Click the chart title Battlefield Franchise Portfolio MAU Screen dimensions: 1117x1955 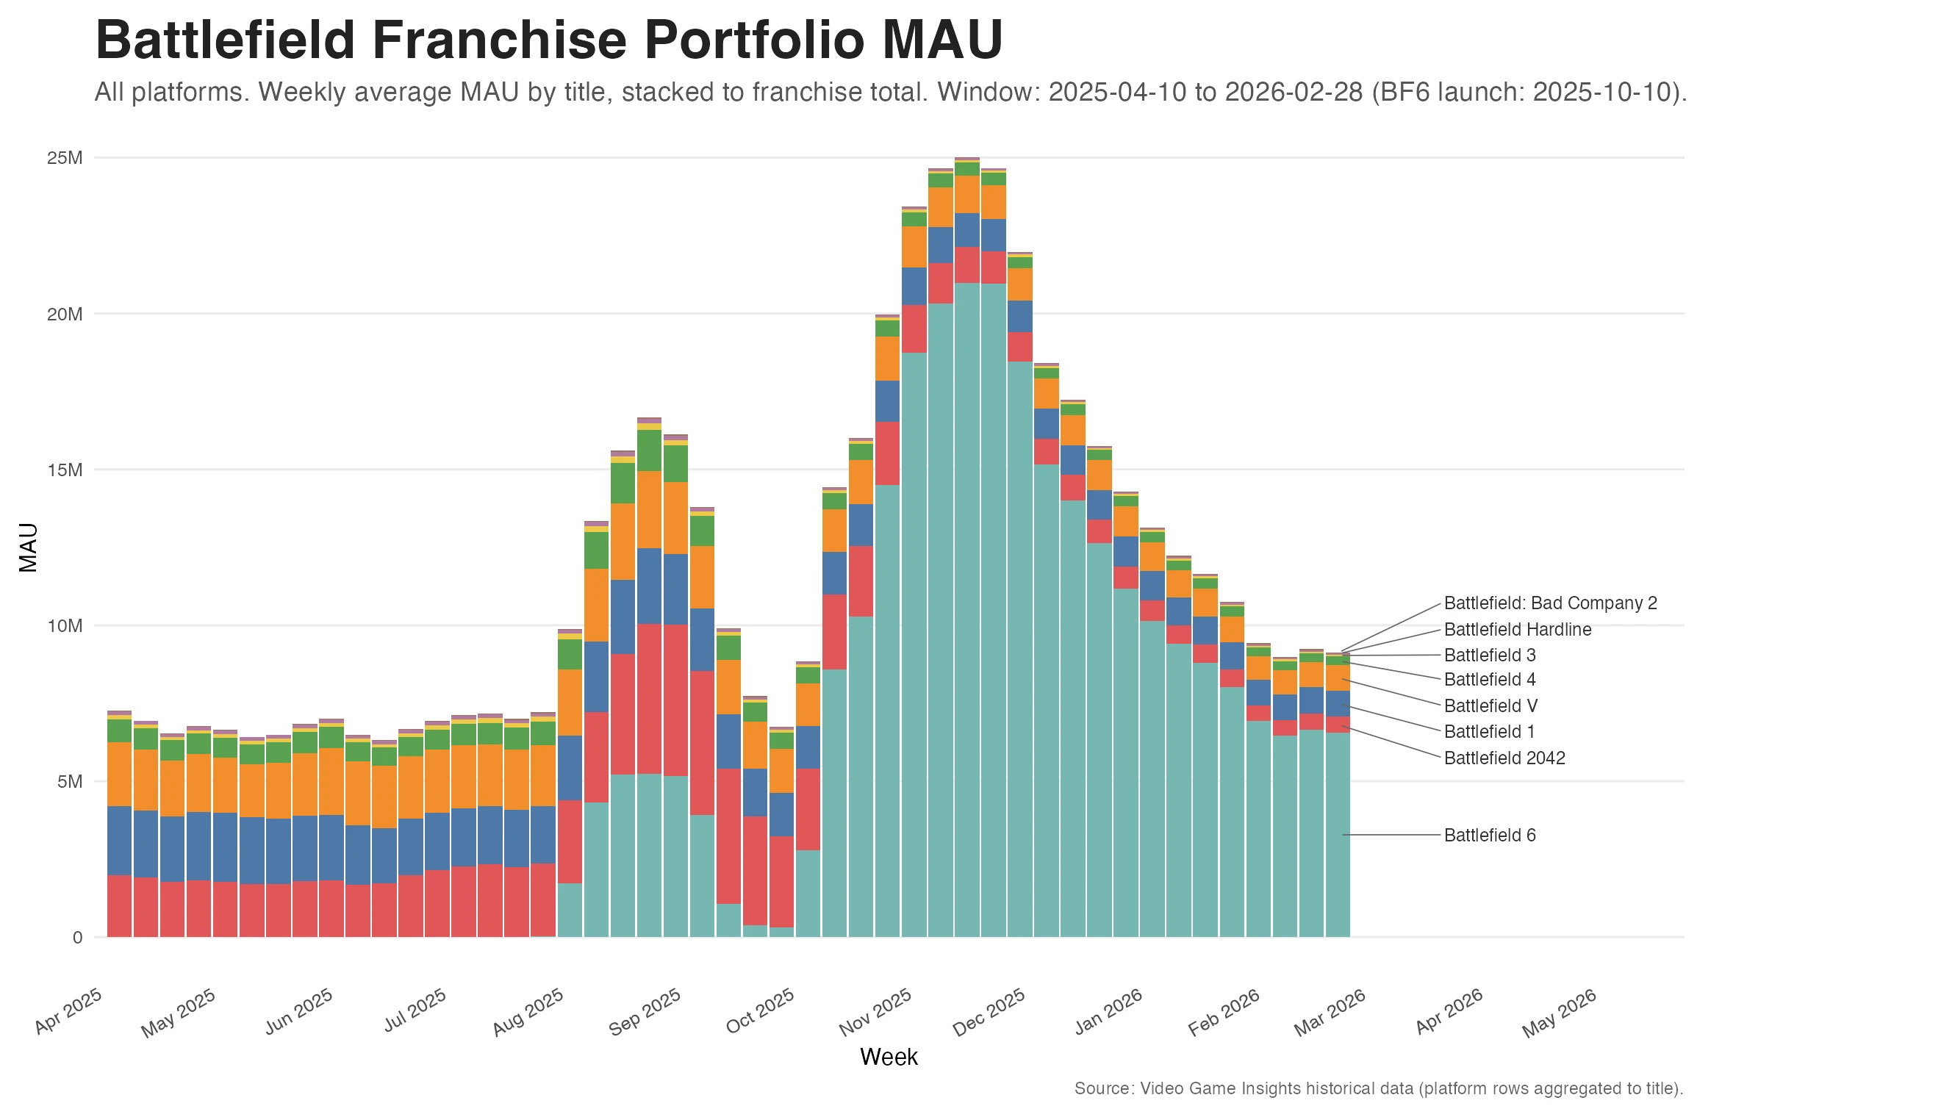548,40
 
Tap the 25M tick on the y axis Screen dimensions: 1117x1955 65,158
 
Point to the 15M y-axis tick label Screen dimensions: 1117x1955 65,470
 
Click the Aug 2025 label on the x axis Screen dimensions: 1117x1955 529,1013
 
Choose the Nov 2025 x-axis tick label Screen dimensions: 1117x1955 876,1013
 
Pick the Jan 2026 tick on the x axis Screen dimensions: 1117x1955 1110,1013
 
